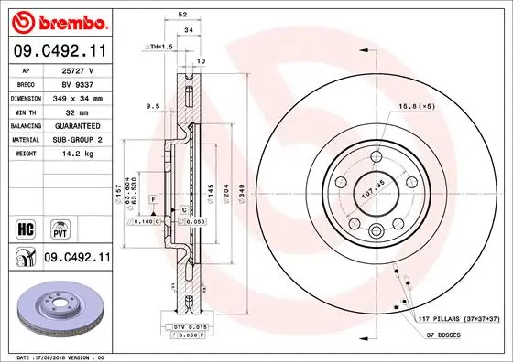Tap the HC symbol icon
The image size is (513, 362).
click(x=26, y=224)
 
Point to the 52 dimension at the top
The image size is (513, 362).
click(x=182, y=16)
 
